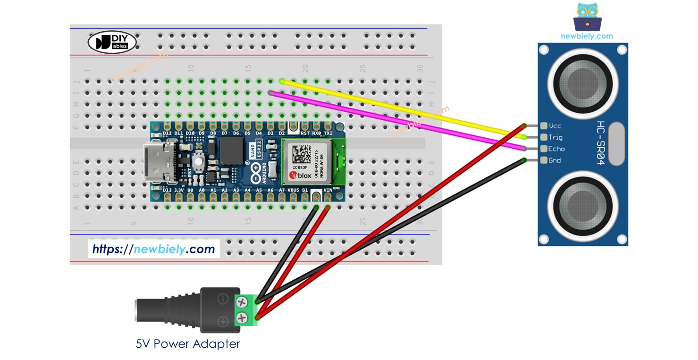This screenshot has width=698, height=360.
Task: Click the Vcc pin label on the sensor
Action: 555,126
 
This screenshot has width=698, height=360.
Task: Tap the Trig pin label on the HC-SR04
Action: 555,137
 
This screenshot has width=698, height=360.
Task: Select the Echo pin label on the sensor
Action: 556,149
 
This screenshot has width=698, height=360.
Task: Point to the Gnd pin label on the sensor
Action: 555,160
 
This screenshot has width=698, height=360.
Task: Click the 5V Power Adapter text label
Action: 188,344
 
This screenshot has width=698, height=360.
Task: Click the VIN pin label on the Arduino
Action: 328,190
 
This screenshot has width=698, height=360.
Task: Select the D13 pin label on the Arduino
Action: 167,190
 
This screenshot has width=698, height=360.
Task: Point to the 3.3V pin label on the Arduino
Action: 179,190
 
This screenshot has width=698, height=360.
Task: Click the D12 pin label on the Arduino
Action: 167,134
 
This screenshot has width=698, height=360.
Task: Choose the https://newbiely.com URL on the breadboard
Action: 153,249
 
